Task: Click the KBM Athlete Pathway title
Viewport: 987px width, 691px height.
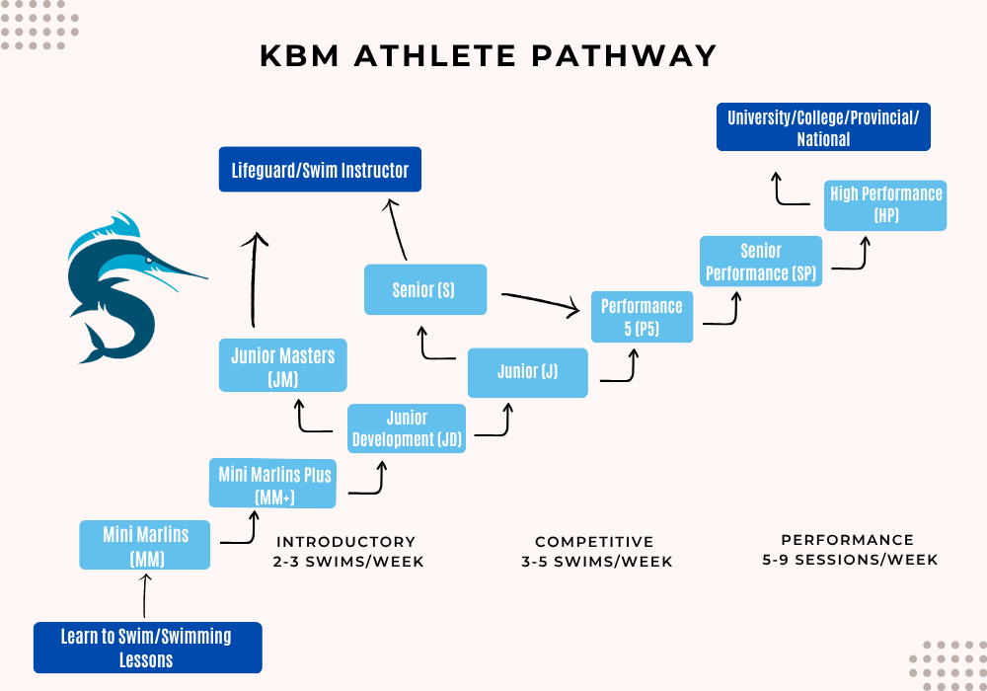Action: coord(489,55)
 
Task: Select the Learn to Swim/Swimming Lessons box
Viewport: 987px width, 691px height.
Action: coord(147,648)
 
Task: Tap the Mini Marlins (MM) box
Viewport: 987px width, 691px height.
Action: coord(145,546)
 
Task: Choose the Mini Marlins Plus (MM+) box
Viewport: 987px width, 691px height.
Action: coord(276,484)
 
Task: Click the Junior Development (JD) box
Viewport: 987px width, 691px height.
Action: coord(407,428)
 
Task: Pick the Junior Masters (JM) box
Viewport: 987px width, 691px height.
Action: coord(283,365)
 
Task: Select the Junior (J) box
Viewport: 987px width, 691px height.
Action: coord(528,372)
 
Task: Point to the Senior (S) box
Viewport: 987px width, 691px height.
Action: coord(425,290)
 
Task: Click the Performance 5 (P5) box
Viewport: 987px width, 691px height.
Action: coord(642,317)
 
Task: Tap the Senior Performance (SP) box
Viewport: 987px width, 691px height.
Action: coord(761,262)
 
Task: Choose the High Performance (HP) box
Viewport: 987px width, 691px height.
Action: coord(885,204)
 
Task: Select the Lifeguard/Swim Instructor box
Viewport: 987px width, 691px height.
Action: coord(320,170)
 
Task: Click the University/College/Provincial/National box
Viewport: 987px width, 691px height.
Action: coord(823,127)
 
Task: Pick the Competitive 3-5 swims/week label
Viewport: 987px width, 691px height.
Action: coord(594,552)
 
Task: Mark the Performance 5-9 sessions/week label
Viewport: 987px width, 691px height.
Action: coord(848,550)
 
